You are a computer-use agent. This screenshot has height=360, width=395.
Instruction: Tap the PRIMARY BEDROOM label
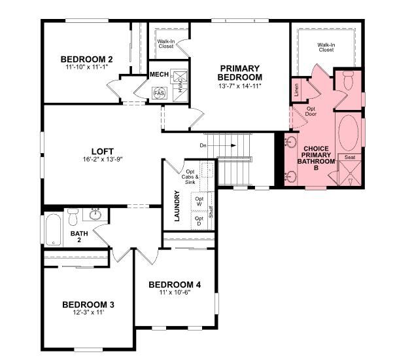point(239,72)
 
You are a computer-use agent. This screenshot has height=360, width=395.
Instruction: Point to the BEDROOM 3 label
point(88,304)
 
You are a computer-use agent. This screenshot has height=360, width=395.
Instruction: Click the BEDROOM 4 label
point(175,284)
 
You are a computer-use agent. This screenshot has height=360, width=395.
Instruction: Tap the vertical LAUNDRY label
point(177,206)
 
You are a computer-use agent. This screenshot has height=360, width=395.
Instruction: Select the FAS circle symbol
point(159,93)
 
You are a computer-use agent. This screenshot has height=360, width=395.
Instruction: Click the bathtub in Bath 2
point(53,229)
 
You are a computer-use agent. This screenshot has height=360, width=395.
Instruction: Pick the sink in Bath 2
point(96,214)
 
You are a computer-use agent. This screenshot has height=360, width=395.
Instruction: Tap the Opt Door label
point(311,111)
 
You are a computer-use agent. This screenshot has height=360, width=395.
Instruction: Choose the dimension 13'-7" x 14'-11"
point(239,86)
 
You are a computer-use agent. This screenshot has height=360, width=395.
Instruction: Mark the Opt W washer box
point(199,201)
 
